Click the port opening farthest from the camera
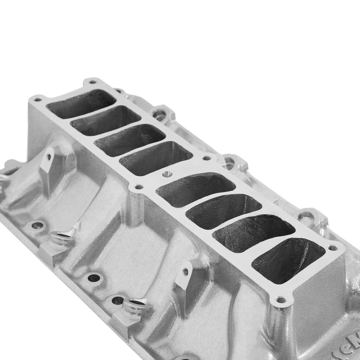tap(82, 104)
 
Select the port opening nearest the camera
tap(288, 260)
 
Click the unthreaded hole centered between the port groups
tap(168, 174)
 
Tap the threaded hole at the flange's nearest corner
tap(281, 300)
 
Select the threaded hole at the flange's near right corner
tap(333, 248)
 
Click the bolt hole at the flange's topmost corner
tap(92, 82)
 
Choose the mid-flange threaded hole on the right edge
tap(207, 158)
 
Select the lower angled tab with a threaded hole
tap(184, 274)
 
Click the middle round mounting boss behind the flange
tap(230, 162)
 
